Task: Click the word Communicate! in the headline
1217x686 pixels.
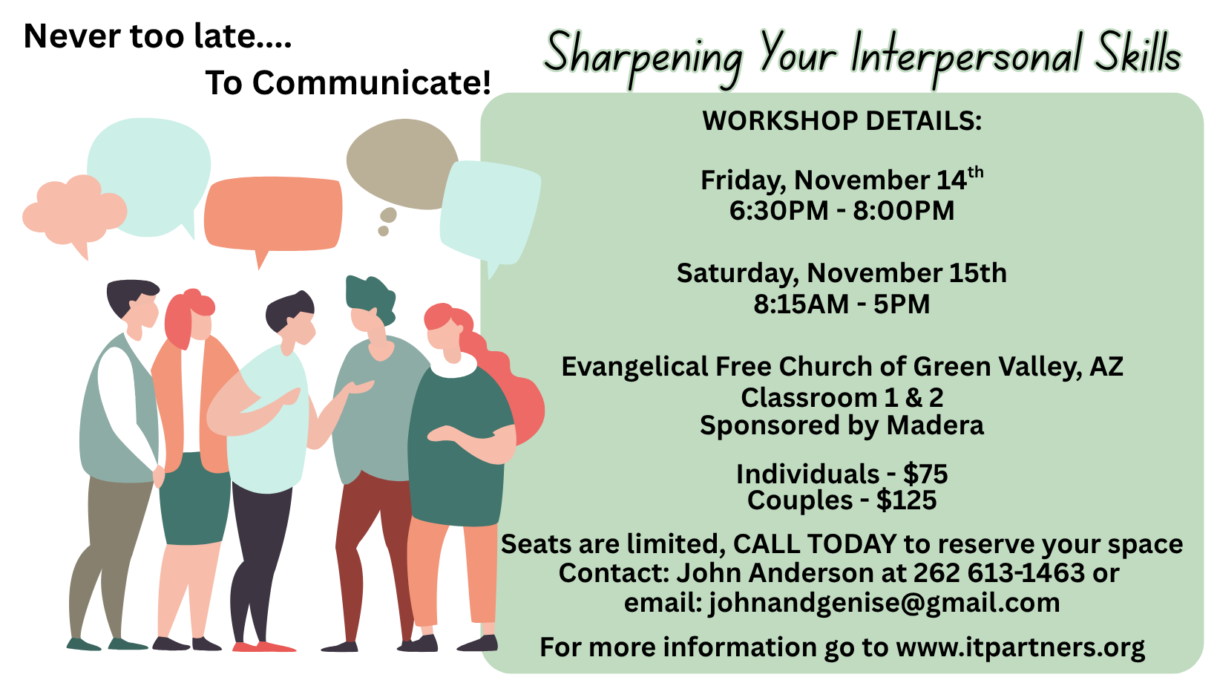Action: click(x=372, y=82)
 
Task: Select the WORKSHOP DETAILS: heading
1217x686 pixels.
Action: click(x=842, y=121)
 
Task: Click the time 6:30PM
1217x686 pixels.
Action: click(x=778, y=211)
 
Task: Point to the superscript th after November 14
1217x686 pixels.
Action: click(x=976, y=172)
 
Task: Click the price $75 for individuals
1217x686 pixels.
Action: click(x=925, y=474)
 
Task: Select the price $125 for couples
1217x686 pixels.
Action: click(x=906, y=500)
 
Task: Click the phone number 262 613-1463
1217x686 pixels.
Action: click(x=999, y=573)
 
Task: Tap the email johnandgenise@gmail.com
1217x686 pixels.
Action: click(x=884, y=603)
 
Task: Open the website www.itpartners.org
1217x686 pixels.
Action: click(x=1020, y=647)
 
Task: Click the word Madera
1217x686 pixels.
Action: click(x=935, y=425)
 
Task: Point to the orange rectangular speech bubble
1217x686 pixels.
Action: click(x=273, y=214)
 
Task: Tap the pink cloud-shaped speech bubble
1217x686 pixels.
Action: click(x=74, y=212)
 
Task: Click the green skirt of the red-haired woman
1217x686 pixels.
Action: click(x=194, y=500)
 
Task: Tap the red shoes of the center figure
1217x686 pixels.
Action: click(x=264, y=647)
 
